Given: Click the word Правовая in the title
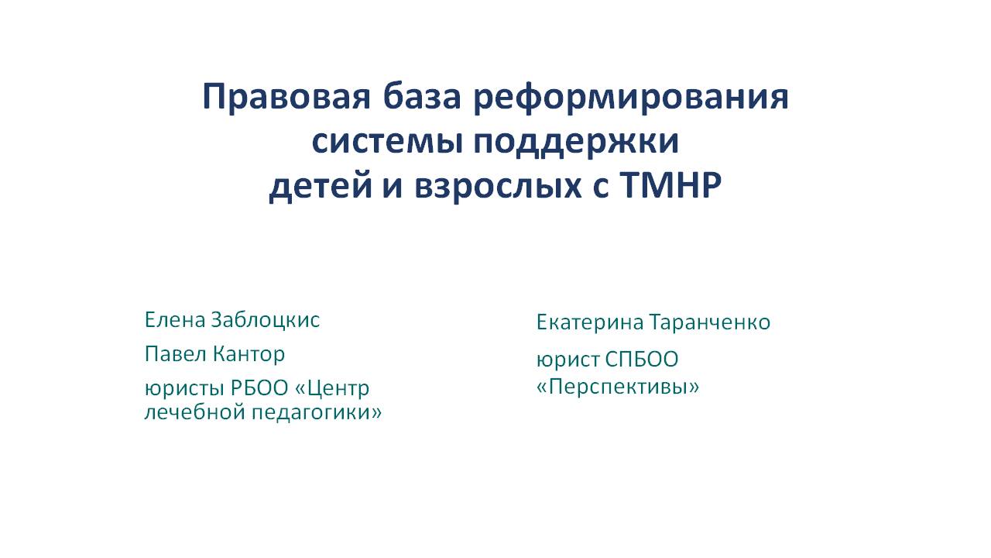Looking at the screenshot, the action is click(x=286, y=98).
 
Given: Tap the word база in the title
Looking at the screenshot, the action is click(x=422, y=96).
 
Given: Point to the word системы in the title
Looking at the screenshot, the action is click(x=387, y=143).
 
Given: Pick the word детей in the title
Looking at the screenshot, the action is click(x=321, y=186).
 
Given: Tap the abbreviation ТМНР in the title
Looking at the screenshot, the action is click(x=670, y=184).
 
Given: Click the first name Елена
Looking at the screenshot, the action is click(x=175, y=320).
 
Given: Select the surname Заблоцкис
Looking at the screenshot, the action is click(x=265, y=321).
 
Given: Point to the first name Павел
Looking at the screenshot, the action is click(x=176, y=354).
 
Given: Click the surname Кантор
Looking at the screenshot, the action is click(x=249, y=355).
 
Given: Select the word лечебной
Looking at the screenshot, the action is click(x=195, y=412).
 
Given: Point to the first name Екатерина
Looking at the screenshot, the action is click(x=590, y=322).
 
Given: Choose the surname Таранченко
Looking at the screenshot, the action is click(x=710, y=322).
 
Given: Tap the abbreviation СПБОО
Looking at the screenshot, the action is click(x=642, y=359).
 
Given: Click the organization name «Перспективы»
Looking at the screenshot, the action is click(x=618, y=387).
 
